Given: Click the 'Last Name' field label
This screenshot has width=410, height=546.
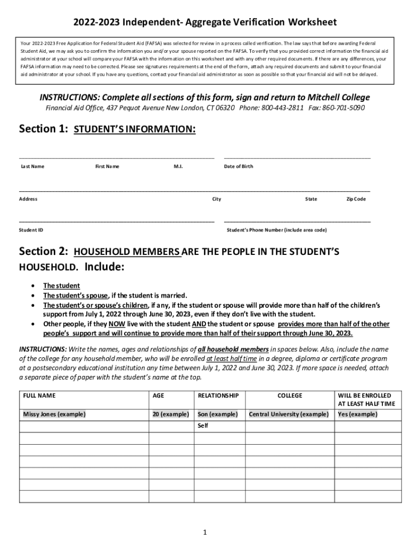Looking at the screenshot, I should pos(32,166).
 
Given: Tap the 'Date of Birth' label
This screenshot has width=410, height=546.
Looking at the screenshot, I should pos(239,166).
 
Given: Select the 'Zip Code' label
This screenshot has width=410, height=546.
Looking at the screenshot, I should pos(356,199).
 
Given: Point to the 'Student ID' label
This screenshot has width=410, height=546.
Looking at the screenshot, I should pos(31,230).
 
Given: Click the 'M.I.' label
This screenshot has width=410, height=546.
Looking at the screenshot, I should pos(178,166).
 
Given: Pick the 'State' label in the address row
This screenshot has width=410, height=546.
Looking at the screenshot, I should pos(311,199).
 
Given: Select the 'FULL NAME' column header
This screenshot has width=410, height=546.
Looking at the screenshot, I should pos(39,396).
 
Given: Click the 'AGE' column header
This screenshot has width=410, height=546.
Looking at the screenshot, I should pos(159,396).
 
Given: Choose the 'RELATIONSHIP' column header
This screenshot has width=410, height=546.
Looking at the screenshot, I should pos(218,396).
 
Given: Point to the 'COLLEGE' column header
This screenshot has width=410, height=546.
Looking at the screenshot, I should pos(290,396).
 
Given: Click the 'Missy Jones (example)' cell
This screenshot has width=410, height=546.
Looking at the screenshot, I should pos(54,414).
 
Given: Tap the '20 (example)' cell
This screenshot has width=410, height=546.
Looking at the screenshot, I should pos(170,414).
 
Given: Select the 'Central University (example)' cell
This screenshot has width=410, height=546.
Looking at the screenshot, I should pos(289,414).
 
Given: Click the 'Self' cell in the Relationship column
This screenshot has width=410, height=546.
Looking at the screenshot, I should pos(203,426).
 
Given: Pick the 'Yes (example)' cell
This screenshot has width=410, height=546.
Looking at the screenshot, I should pos(358,414).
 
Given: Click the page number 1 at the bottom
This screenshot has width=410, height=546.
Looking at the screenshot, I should pos(205,532).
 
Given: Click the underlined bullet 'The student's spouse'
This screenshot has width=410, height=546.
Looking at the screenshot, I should pos(76,295).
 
